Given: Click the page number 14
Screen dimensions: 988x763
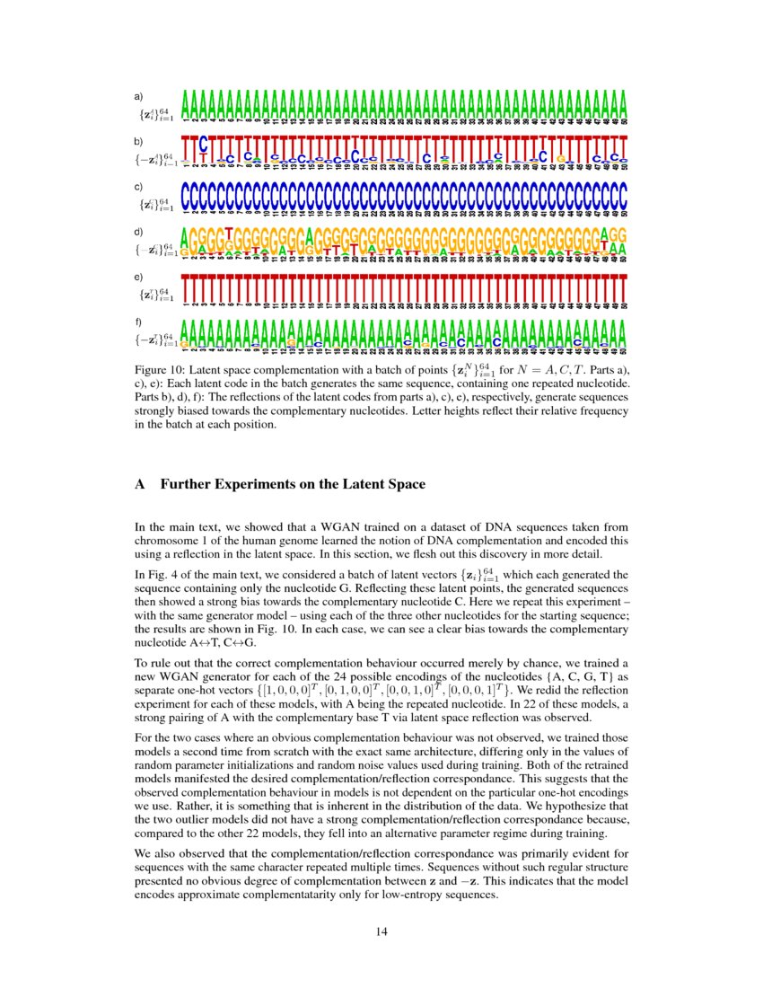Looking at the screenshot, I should click(381, 931).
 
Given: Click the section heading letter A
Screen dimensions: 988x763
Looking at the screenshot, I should click(140, 485).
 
